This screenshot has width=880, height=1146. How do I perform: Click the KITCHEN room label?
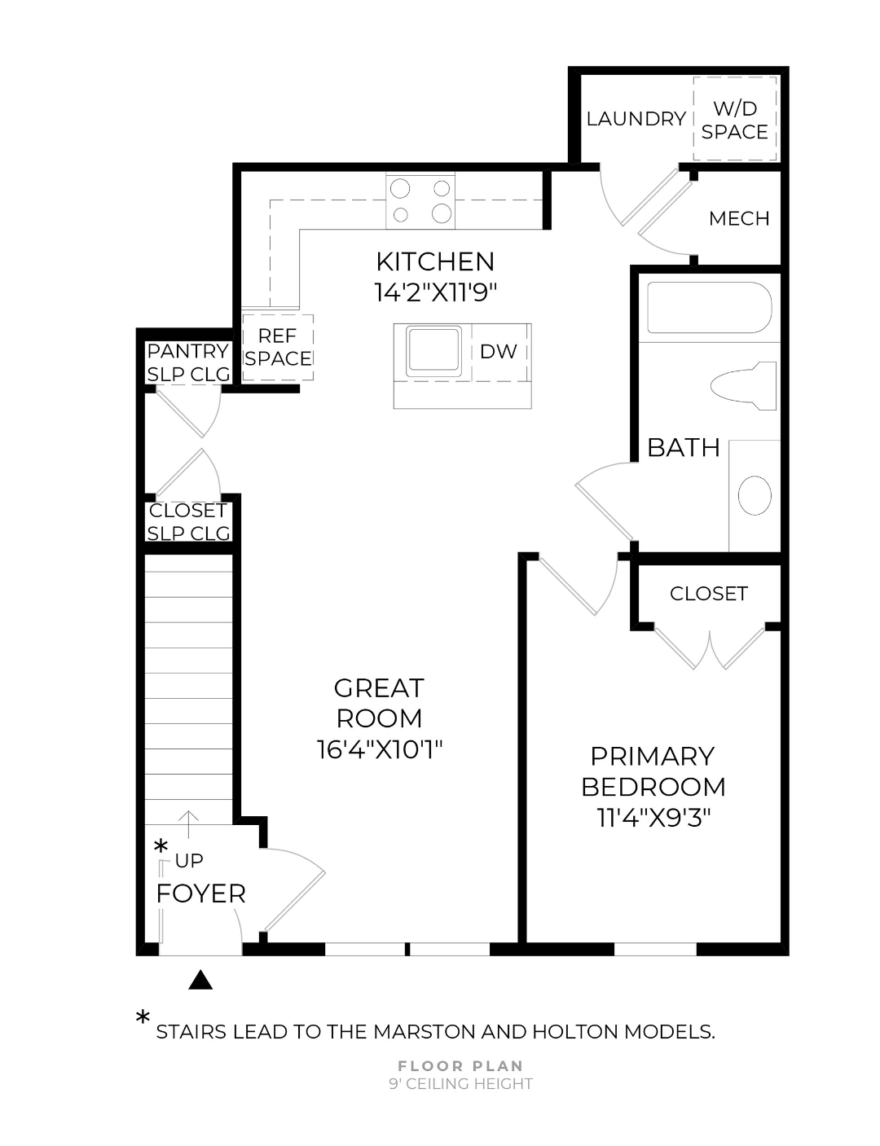435,261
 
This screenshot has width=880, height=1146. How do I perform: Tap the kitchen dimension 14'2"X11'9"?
435,292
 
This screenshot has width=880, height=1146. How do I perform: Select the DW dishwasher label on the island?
498,351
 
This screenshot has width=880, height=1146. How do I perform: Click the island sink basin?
433,351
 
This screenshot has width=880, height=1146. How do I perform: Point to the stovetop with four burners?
420,201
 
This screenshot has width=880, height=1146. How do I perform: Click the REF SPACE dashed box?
278,347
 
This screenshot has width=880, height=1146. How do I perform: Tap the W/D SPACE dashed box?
734,120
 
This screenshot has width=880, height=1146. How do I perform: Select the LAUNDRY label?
636,119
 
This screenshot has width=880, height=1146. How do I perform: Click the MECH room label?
739,218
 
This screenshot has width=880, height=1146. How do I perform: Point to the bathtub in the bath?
708,308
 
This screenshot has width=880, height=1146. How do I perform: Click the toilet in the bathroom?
743,385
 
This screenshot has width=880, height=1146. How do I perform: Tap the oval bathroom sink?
755,495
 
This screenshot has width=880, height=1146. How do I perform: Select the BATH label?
683,447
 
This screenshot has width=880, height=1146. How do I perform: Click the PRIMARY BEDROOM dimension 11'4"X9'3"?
653,817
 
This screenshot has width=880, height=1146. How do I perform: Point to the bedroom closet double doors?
710,648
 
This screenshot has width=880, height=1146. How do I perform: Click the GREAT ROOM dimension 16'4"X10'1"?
379,749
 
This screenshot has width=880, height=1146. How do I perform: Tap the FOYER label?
200,894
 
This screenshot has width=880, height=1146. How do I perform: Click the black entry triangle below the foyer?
200,980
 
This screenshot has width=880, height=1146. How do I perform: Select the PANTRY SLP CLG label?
188,362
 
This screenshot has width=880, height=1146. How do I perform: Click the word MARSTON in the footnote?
421,1032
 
